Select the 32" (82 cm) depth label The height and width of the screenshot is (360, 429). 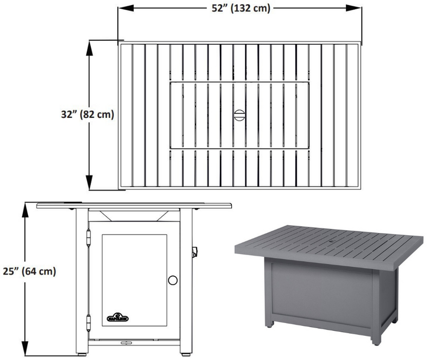84,115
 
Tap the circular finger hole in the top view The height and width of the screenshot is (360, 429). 239,115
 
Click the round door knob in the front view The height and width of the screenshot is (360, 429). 173,280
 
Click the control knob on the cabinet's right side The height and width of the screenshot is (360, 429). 194,252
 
